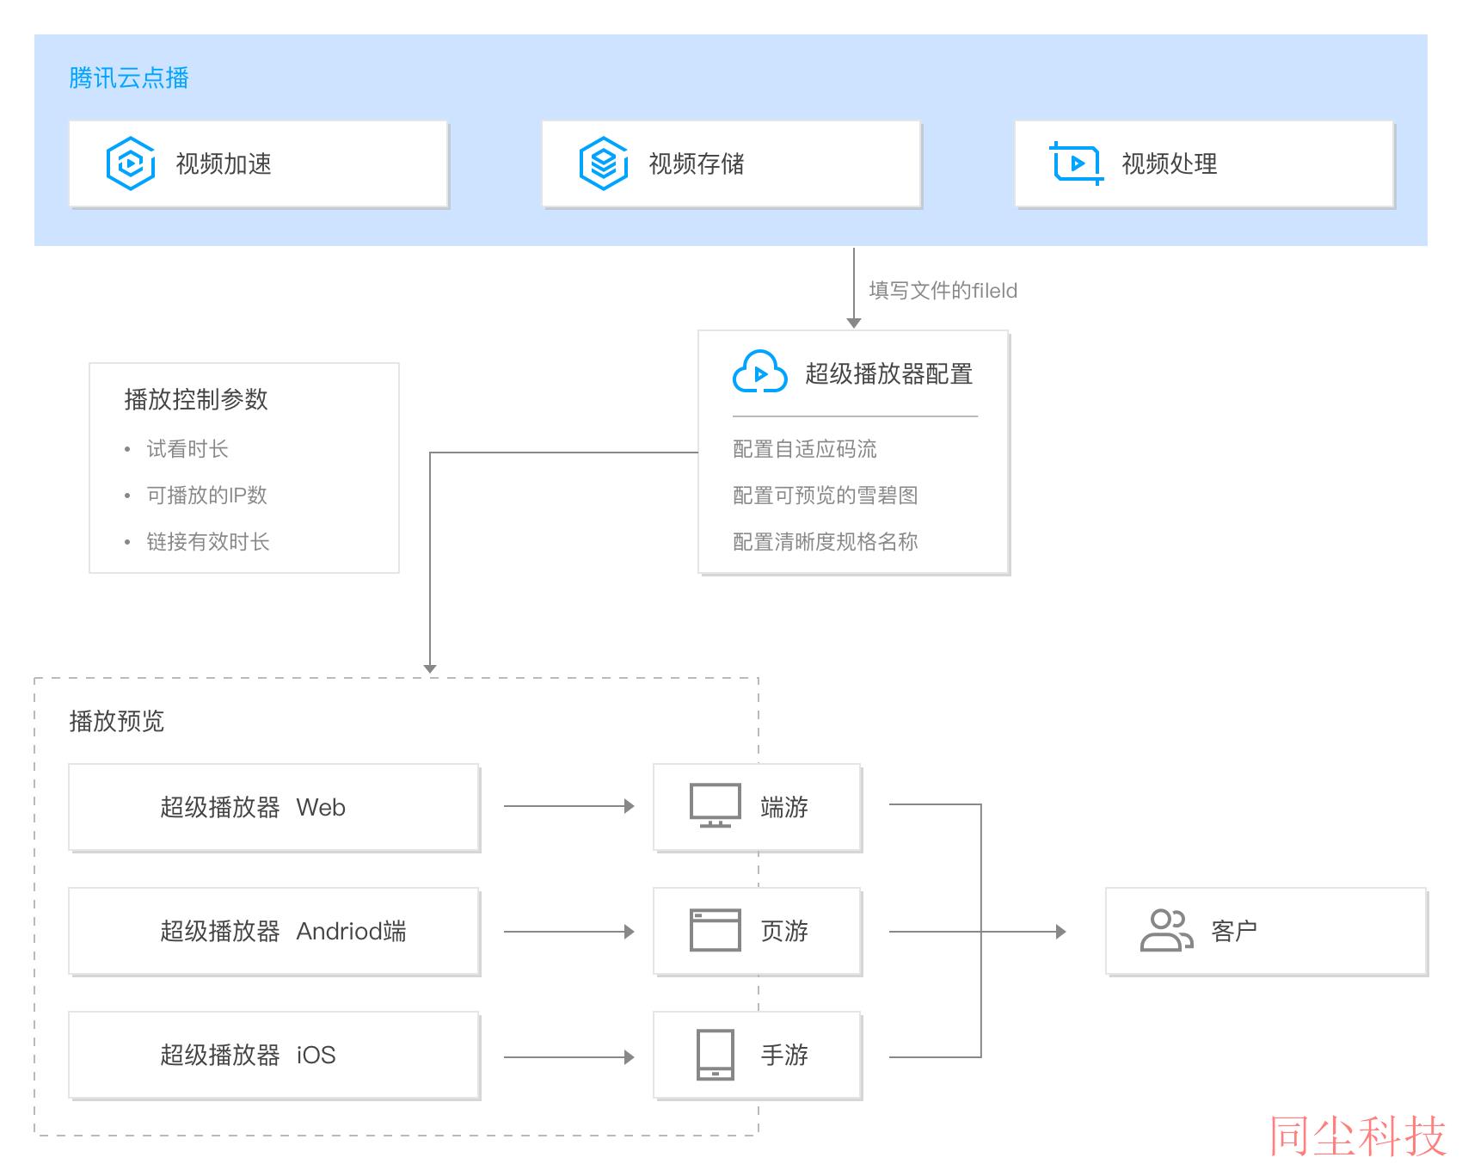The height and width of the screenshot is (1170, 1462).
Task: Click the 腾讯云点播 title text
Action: (x=129, y=78)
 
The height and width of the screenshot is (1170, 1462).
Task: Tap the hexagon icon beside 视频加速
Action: (x=131, y=163)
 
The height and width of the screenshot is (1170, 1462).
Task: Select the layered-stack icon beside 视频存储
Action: (x=604, y=163)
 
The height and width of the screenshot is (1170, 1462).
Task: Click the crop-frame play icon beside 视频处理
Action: (x=1077, y=163)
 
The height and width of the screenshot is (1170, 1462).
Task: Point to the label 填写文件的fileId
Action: (x=943, y=291)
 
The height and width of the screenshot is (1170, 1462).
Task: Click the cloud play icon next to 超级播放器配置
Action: (x=759, y=373)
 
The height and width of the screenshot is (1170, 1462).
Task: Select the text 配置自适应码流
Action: (x=805, y=449)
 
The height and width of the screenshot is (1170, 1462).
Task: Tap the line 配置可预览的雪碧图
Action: (x=826, y=496)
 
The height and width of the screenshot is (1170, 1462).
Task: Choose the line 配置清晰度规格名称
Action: (x=826, y=542)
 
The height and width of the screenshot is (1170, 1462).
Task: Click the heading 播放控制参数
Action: (x=196, y=399)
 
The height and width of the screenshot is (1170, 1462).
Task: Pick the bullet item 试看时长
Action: (x=187, y=449)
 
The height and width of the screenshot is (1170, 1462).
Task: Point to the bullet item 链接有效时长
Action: (x=208, y=542)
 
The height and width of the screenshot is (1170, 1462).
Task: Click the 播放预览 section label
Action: (x=117, y=721)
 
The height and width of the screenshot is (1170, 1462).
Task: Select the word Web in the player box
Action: (x=321, y=808)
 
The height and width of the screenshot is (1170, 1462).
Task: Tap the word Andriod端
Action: (x=351, y=932)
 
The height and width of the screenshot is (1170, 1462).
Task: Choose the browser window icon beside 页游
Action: (x=716, y=930)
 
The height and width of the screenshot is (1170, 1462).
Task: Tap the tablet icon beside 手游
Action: (x=716, y=1055)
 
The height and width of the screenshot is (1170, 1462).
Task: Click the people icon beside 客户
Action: (x=1167, y=930)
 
